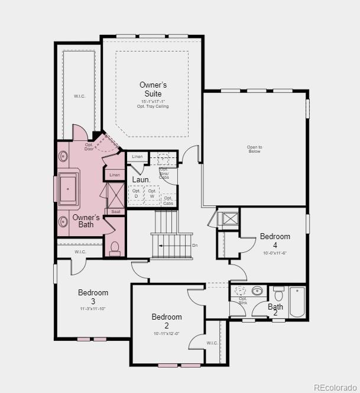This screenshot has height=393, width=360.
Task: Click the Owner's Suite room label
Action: [x=153, y=89]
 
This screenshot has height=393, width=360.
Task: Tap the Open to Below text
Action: [x=254, y=149]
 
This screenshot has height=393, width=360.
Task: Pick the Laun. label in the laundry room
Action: [x=141, y=179]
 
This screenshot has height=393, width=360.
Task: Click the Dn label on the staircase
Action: [x=195, y=245]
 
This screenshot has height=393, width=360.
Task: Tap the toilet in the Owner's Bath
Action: [x=115, y=248]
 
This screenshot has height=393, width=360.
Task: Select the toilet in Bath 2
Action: [x=278, y=294]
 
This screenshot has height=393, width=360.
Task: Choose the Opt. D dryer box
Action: [x=136, y=194]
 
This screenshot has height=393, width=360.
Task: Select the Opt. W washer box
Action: [x=152, y=194]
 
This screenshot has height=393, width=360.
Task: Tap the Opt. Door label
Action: [x=89, y=147]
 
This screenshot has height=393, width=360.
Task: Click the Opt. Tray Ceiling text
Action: [x=153, y=107]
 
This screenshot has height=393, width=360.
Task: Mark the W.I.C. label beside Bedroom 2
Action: [x=212, y=343]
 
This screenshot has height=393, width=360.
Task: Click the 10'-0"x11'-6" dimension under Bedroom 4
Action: [x=275, y=253]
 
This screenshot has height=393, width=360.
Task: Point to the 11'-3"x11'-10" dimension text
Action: [x=92, y=308]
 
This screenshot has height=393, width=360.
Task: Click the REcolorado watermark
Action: [x=335, y=388]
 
